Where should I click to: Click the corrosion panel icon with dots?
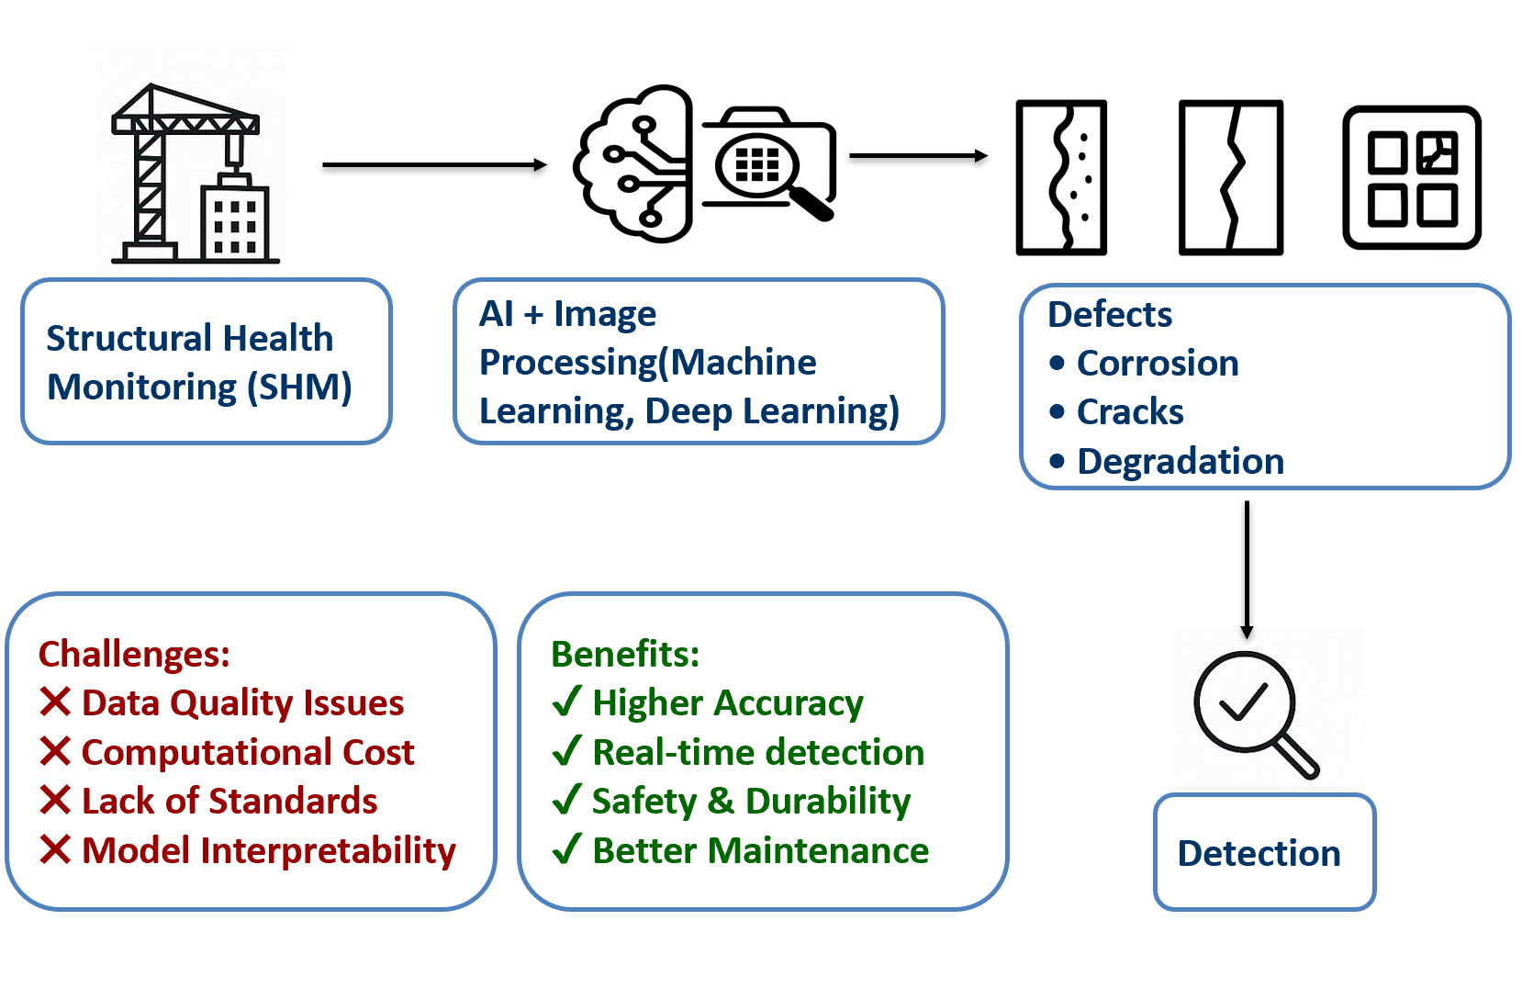click(1061, 177)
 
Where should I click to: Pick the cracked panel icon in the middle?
click(1230, 177)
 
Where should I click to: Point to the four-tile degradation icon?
click(1412, 177)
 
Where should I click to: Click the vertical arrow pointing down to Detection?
click(1247, 569)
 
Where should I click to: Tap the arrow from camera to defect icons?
click(918, 156)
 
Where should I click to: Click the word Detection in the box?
click(1259, 853)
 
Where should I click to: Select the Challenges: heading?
click(134, 654)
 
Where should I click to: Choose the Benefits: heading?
click(625, 654)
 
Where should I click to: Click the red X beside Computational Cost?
click(55, 751)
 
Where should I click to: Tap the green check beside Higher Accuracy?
click(566, 702)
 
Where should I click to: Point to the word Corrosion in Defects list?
click(1158, 363)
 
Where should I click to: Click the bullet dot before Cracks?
click(1058, 411)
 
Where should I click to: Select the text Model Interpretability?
click(268, 850)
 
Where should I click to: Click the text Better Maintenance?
click(760, 850)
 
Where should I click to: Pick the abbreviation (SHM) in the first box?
click(299, 387)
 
